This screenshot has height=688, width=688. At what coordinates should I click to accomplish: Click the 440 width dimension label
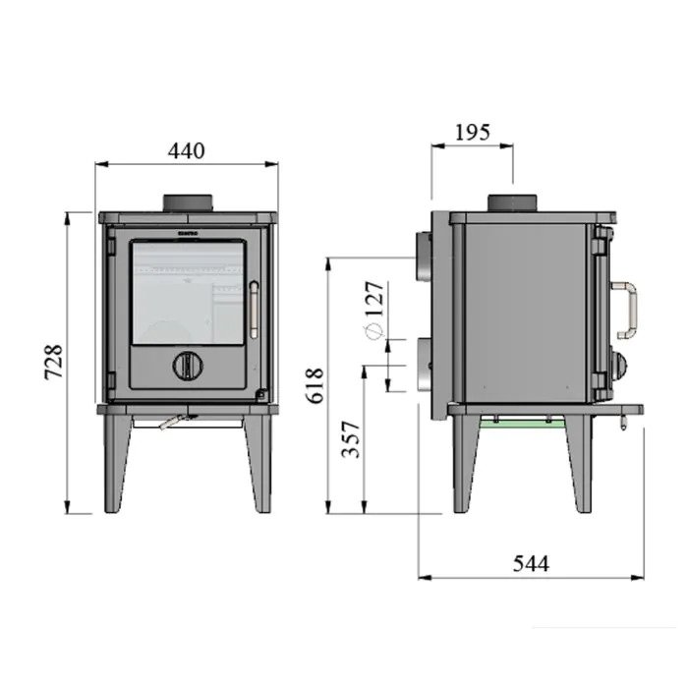186,151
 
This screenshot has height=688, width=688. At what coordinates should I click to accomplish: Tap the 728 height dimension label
54,362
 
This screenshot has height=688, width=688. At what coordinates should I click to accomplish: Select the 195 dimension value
472,132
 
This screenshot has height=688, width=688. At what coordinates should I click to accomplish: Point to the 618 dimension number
315,385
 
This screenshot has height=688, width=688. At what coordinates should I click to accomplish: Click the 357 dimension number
351,439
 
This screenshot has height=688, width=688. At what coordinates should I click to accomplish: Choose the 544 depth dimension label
531,563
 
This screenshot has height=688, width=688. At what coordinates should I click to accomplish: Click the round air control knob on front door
189,365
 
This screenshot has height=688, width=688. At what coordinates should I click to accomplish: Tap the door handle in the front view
254,310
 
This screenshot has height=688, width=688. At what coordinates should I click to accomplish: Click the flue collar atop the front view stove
189,203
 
